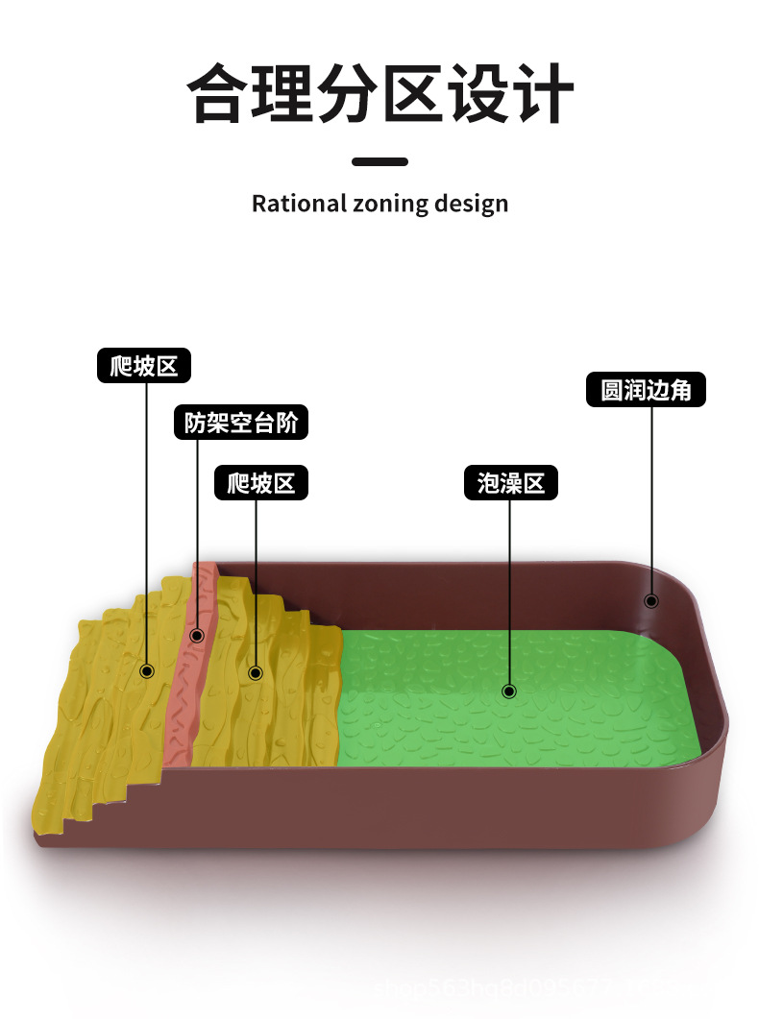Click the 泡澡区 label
point(510,483)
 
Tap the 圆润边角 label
point(646,390)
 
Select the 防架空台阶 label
point(241,423)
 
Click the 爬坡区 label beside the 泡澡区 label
point(260,483)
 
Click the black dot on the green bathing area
point(509,691)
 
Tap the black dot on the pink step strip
point(197,635)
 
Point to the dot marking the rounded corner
point(650,601)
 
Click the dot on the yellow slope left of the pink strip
point(147,671)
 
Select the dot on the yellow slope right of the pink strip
point(256,672)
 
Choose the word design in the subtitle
point(471,204)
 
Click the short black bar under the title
point(379,161)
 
